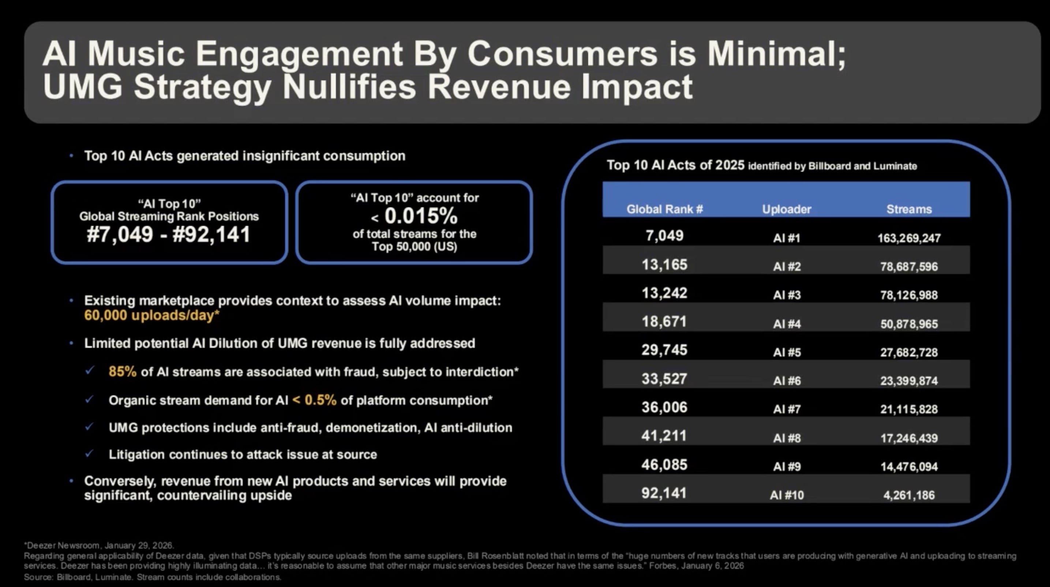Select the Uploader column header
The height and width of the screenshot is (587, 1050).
pyautogui.click(x=786, y=209)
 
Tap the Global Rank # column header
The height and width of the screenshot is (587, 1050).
pyautogui.click(x=664, y=209)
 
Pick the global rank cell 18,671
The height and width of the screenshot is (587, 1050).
pyautogui.click(x=664, y=322)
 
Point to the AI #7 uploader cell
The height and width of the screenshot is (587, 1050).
pyautogui.click(x=787, y=409)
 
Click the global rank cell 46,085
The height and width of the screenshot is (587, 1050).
pyautogui.click(x=664, y=464)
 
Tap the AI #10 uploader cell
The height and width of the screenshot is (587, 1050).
pyautogui.click(x=787, y=495)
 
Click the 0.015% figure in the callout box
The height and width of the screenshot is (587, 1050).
pyautogui.click(x=421, y=216)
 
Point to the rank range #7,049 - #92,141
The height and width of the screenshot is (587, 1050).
pyautogui.click(x=168, y=234)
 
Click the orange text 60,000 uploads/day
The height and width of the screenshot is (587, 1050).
pyautogui.click(x=151, y=315)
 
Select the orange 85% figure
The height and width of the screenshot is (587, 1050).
pyautogui.click(x=122, y=371)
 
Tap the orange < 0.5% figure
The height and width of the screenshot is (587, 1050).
pyautogui.click(x=315, y=400)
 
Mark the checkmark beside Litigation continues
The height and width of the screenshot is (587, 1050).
pyautogui.click(x=89, y=453)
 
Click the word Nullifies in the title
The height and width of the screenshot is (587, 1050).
pyautogui.click(x=349, y=87)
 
